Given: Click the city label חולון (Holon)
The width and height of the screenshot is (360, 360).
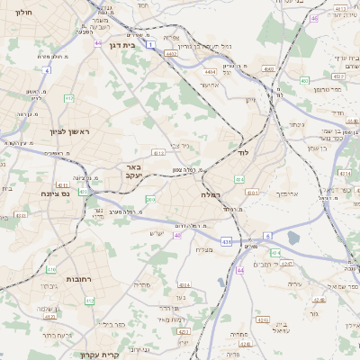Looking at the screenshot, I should point(20,13).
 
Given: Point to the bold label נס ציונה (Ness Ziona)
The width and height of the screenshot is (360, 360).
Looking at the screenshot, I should point(57,193).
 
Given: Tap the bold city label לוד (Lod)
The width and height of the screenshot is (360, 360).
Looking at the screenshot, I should point(242,153).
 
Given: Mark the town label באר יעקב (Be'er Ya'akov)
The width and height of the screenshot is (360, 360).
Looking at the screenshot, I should point(133,171).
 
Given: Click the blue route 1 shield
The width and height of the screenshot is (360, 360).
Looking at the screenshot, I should point(151,43).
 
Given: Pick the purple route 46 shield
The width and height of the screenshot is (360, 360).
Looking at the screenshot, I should point(314,18).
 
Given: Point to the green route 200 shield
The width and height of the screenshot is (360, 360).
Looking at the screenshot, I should point(149,199).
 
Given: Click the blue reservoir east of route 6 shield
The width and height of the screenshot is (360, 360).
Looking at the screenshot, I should point(293,238).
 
